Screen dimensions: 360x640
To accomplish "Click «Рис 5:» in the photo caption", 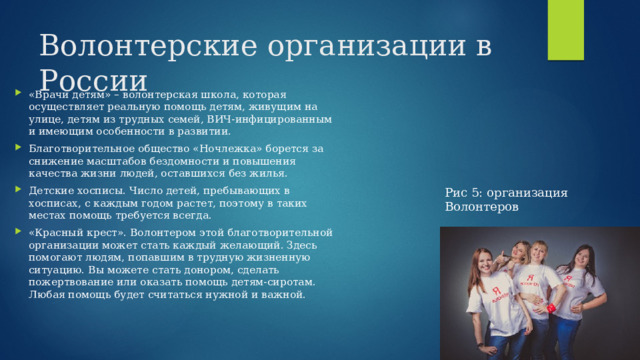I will (x=463, y=193).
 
